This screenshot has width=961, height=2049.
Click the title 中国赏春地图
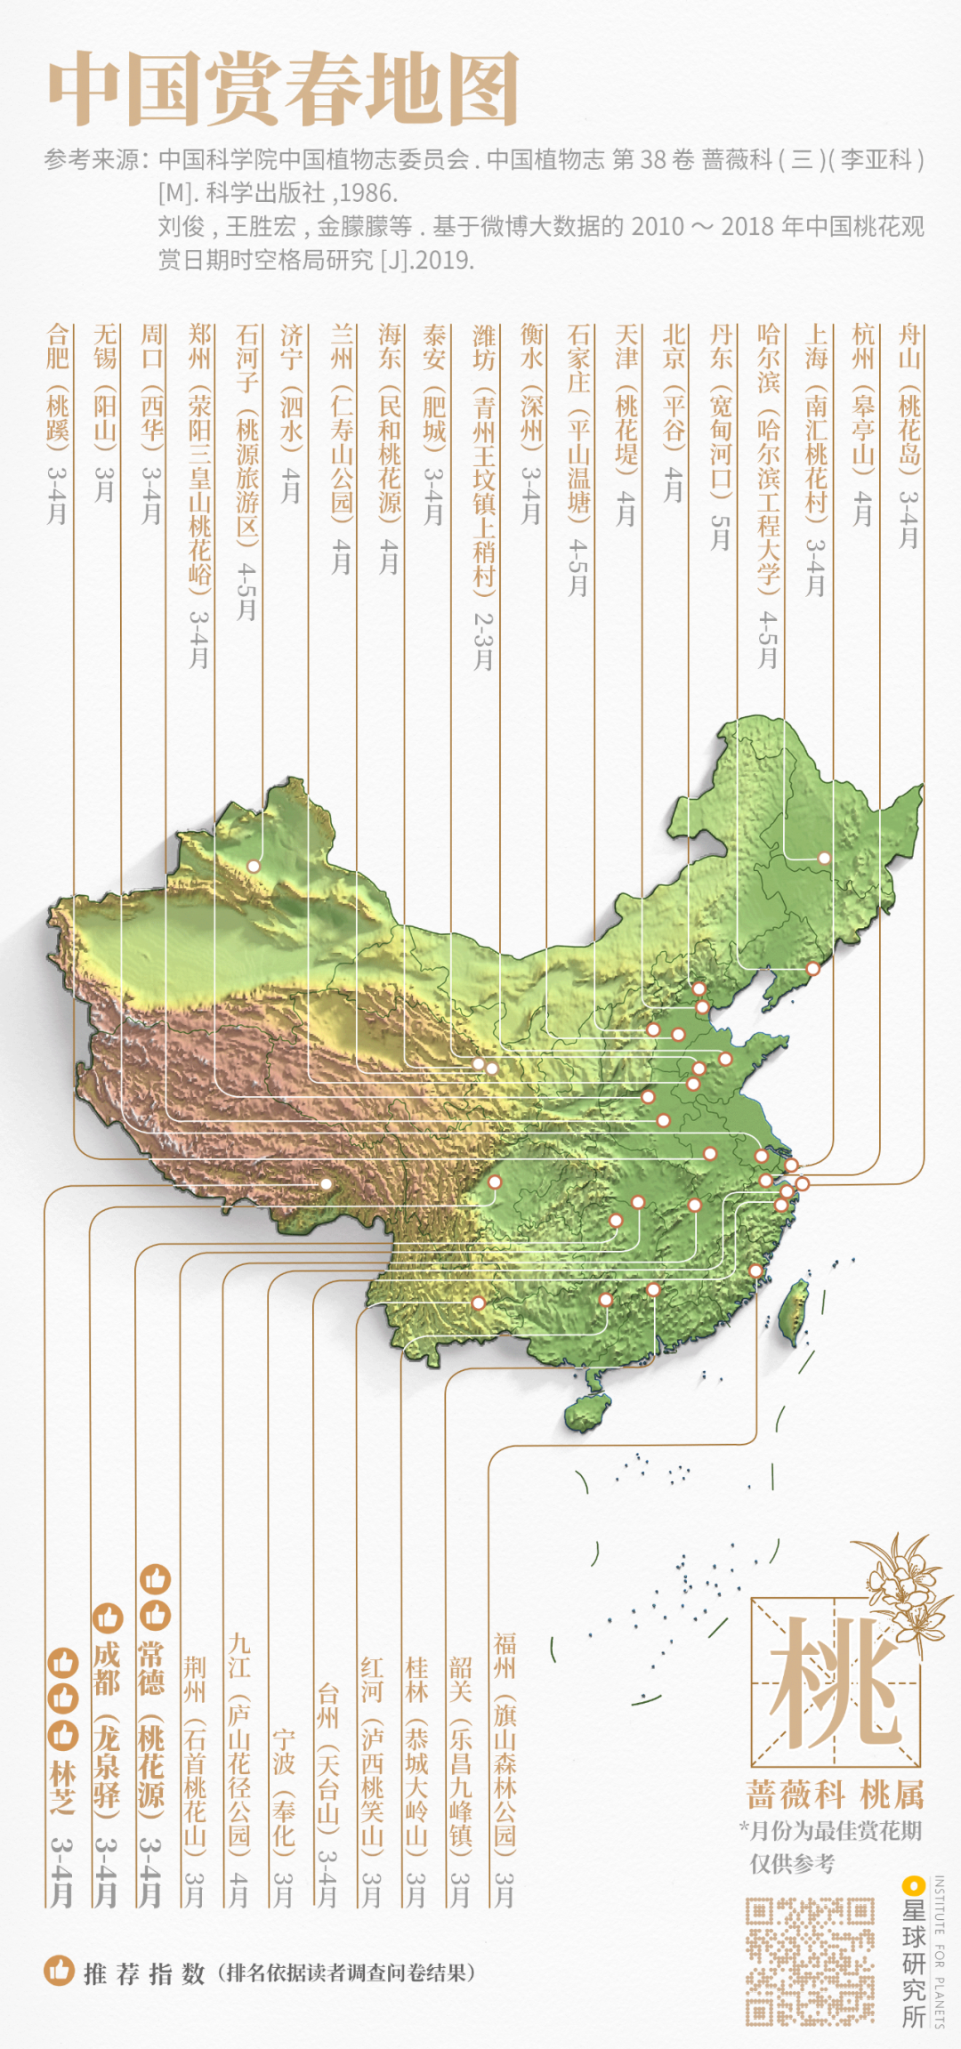pos(283,88)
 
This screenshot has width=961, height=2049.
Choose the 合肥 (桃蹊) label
pos(57,423)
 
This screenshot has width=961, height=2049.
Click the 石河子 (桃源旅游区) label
pos(246,471)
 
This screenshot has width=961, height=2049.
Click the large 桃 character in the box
pos(834,1682)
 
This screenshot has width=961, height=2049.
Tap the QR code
pos(809,1960)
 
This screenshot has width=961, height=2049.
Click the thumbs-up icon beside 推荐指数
pos(59,1970)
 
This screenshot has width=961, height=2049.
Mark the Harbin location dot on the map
pos(824,858)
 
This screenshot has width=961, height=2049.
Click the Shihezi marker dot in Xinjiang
pos(254,866)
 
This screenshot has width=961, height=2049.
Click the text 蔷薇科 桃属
pos(834,1793)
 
